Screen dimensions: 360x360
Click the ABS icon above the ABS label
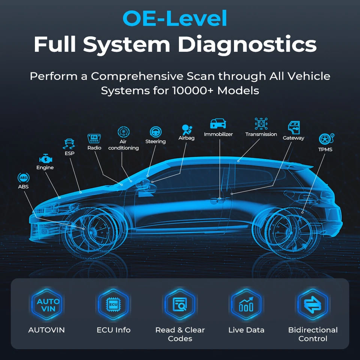[23, 177]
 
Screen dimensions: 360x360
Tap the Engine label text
[45, 168]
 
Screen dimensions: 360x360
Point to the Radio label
[94, 148]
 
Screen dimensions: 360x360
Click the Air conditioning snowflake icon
[123, 132]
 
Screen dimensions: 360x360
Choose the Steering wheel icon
[155, 132]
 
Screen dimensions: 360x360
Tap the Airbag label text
[186, 138]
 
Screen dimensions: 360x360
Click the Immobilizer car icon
[218, 123]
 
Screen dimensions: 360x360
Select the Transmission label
[261, 134]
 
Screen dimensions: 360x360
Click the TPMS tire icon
[325, 139]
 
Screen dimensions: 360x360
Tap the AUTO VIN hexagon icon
[48, 305]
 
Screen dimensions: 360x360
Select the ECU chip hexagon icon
[113, 305]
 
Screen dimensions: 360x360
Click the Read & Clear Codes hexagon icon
[180, 305]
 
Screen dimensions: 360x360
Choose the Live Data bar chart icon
[246, 305]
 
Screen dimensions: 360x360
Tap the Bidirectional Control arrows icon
[313, 305]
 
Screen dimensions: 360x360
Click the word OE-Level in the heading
[175, 18]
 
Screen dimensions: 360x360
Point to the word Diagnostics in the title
[247, 45]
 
